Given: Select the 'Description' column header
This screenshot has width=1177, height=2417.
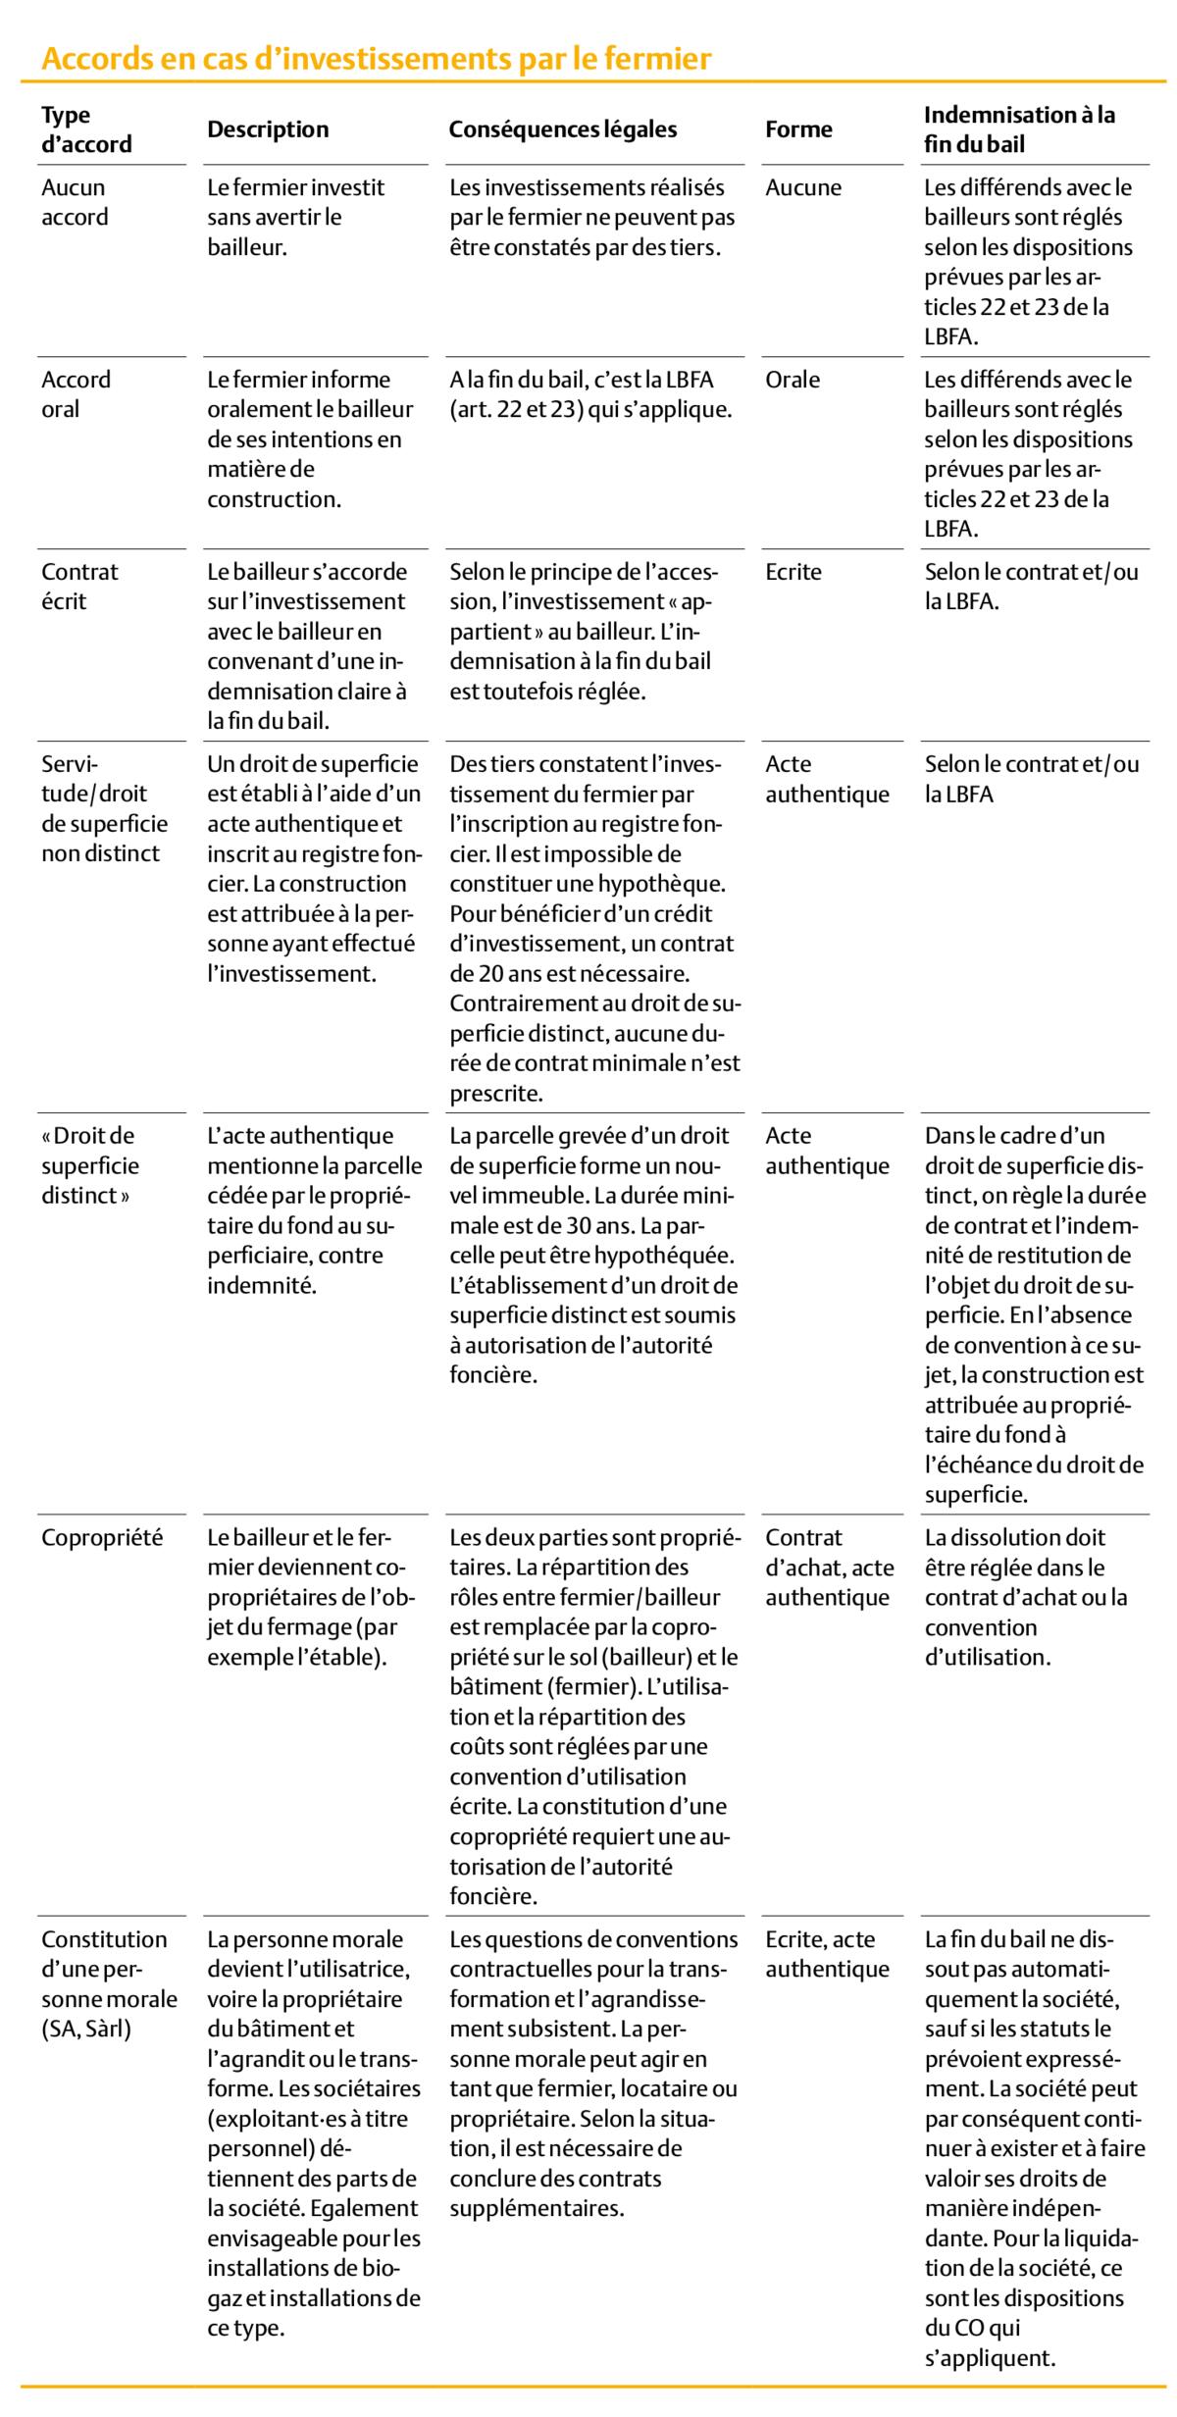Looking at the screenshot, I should pyautogui.click(x=268, y=129).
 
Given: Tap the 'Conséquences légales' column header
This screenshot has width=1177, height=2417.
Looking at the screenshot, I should pyautogui.click(x=562, y=129).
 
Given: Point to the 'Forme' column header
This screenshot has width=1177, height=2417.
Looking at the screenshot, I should pyautogui.click(x=798, y=129).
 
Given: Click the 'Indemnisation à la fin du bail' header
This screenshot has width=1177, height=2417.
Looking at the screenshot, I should pyautogui.click(x=1019, y=129).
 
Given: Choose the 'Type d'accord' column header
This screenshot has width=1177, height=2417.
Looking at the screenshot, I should pyautogui.click(x=86, y=129).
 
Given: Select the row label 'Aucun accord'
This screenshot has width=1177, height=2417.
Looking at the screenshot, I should pyautogui.click(x=74, y=201).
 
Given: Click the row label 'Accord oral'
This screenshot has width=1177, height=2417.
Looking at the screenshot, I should pyautogui.click(x=76, y=393).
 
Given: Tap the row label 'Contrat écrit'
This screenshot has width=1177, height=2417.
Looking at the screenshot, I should pyautogui.click(x=78, y=586).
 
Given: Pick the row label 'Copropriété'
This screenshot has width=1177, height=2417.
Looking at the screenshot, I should pyautogui.click(x=102, y=1536).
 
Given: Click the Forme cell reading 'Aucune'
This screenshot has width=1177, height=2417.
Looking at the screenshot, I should pyautogui.click(x=802, y=187).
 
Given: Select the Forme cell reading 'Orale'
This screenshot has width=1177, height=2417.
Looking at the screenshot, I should pyautogui.click(x=793, y=380).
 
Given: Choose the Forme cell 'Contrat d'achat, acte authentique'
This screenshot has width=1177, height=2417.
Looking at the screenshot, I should pyautogui.click(x=829, y=1567).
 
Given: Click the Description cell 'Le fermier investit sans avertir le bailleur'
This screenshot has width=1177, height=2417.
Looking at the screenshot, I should pyautogui.click(x=295, y=216).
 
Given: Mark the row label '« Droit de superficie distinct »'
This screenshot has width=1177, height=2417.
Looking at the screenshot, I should pyautogui.click(x=90, y=1165).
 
